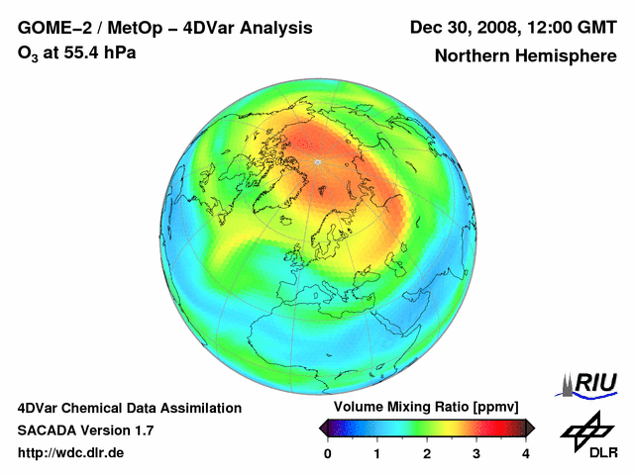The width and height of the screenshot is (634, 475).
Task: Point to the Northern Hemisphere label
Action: click(x=525, y=56)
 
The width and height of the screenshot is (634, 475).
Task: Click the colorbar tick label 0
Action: click(x=328, y=453)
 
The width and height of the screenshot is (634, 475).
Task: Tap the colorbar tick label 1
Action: click(x=377, y=453)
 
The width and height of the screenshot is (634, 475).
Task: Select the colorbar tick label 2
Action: click(x=427, y=453)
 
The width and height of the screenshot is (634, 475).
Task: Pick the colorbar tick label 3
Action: click(x=476, y=453)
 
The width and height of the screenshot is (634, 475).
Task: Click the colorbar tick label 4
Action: click(x=526, y=453)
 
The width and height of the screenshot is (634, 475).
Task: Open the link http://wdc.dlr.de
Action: click(x=71, y=453)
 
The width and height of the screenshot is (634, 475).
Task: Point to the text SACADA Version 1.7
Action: click(x=86, y=430)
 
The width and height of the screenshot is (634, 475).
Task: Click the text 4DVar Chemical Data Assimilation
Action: click(x=129, y=408)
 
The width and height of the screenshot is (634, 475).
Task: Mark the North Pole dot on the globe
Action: click(x=318, y=161)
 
